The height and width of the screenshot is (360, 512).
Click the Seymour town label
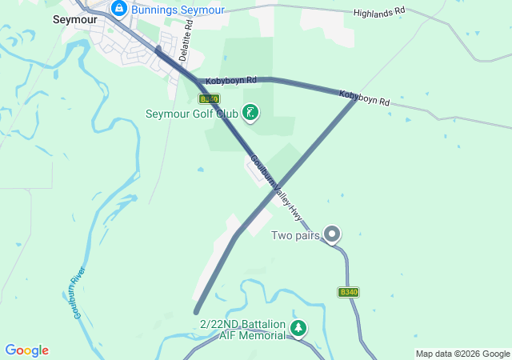(x=74, y=19)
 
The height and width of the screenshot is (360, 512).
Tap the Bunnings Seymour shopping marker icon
(x=119, y=9)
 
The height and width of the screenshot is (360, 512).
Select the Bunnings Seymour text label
(x=179, y=10)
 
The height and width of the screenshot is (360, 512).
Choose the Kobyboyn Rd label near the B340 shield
(x=230, y=81)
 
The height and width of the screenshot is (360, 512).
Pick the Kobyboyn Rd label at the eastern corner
(x=364, y=98)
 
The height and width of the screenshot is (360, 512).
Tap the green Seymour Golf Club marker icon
(x=251, y=113)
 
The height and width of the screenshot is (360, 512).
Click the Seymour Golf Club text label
(x=192, y=114)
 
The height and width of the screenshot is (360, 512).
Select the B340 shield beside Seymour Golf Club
(x=208, y=98)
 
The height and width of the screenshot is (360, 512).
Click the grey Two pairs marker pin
(x=333, y=234)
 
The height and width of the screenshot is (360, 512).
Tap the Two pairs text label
(x=295, y=235)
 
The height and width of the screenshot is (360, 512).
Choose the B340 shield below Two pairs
(x=348, y=292)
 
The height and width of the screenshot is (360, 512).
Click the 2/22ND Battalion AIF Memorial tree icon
(x=298, y=328)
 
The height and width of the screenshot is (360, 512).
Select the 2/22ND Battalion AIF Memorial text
(x=242, y=329)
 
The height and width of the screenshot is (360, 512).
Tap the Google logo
(x=26, y=350)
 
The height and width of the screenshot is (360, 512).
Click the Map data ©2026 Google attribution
(x=462, y=354)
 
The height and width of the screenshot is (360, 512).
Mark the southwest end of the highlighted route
(x=196, y=311)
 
